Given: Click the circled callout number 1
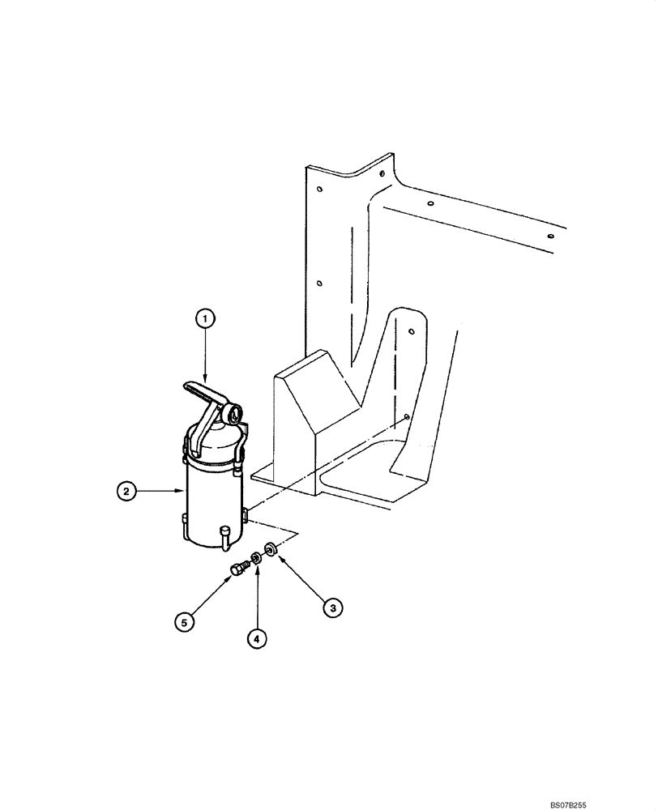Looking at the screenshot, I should point(206,320).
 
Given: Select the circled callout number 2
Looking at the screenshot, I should point(125,490).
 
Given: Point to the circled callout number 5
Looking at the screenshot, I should point(186,622).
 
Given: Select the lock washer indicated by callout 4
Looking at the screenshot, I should point(256,556).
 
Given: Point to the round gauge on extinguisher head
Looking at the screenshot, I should point(236,415).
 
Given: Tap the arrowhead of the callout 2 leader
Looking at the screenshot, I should point(185,490).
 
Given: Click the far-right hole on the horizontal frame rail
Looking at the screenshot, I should point(549,236).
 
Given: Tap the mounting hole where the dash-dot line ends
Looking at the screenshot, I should point(404,418).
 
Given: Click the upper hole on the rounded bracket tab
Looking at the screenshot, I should point(412,331).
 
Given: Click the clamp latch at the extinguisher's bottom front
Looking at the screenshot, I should point(224,533).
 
